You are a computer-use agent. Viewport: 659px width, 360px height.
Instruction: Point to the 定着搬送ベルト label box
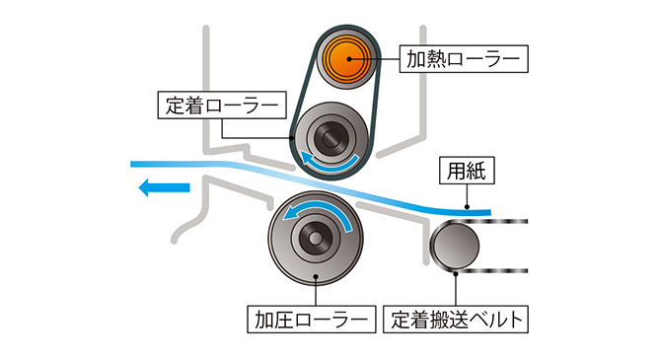456,320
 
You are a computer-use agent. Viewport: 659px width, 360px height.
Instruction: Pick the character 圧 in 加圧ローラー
283,320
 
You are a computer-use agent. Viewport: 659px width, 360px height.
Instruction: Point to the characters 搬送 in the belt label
445,320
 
